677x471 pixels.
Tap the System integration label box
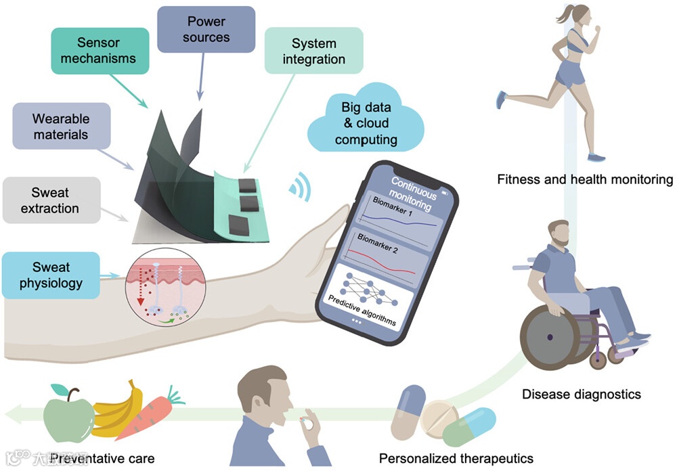point(313,51)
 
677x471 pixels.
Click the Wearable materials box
point(60,127)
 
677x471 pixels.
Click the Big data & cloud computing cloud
point(366,123)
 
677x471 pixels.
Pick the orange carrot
point(150,417)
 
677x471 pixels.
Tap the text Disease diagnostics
point(581,394)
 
